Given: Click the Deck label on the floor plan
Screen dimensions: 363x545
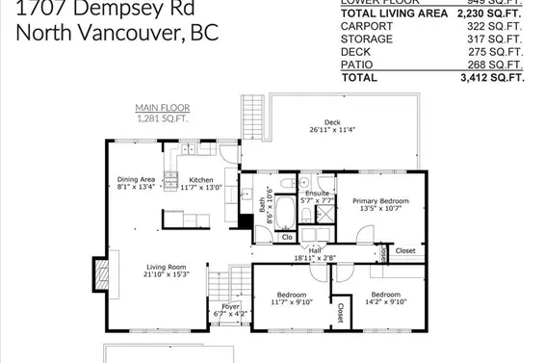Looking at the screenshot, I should (332, 122).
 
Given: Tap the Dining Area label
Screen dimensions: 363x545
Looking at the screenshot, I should (136, 180).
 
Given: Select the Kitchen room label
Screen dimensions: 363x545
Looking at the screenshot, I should (200, 180).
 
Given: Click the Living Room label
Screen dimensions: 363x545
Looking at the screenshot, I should (167, 267).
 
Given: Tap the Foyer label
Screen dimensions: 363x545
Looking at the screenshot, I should (217, 307).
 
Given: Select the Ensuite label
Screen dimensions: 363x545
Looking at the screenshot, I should (317, 194).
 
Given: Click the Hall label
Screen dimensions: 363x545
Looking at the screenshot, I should (315, 250).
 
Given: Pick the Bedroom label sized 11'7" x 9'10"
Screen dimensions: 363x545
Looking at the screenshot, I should (292, 294).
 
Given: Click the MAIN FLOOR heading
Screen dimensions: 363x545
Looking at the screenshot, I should (159, 107).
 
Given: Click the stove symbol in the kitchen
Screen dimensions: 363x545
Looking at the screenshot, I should (171, 177).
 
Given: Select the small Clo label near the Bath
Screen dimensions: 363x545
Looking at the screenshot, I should (287, 236).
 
